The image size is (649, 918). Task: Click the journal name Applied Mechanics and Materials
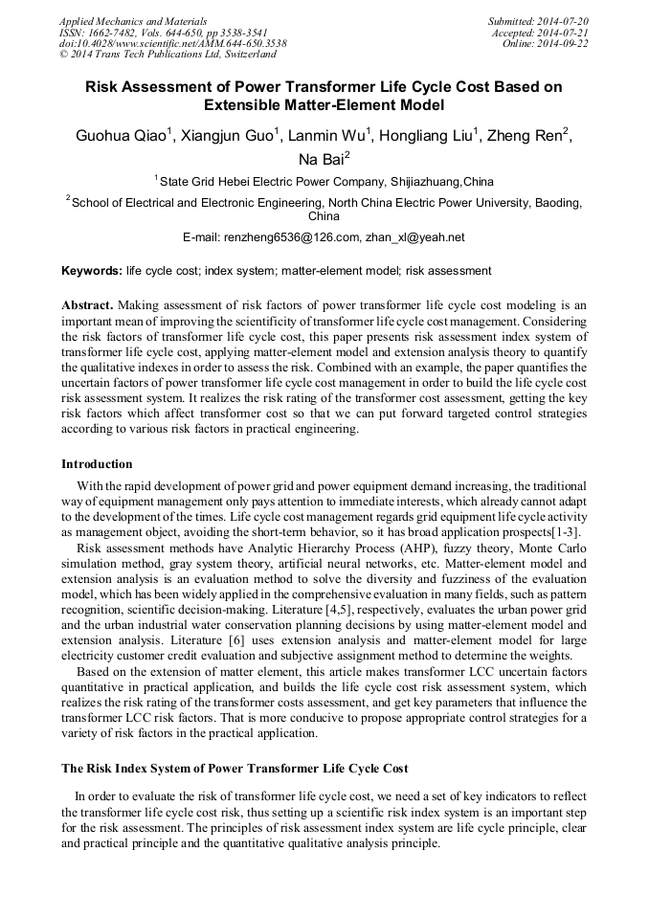pyautogui.click(x=132, y=21)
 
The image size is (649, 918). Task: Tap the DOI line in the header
pyautogui.click(x=172, y=44)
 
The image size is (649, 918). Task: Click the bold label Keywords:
pyautogui.click(x=92, y=272)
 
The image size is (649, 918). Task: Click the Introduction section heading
pyautogui.click(x=97, y=464)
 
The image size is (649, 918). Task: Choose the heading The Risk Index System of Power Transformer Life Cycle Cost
pyautogui.click(x=235, y=768)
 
